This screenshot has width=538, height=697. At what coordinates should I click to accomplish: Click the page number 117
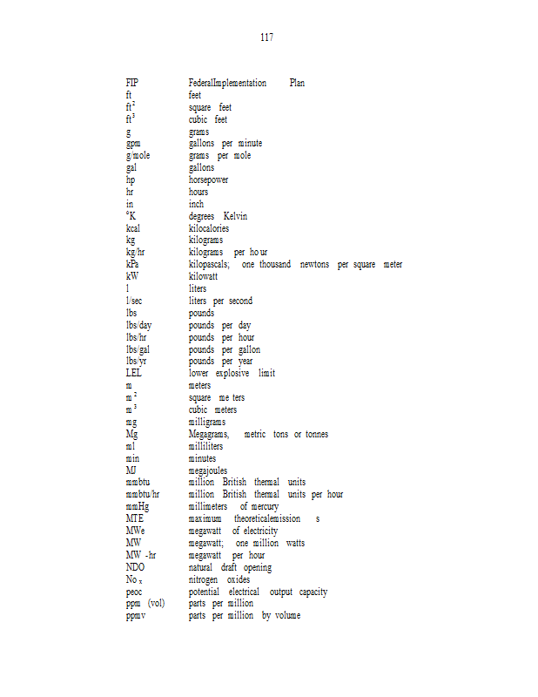266,37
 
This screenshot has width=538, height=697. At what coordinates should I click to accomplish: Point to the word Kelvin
235,216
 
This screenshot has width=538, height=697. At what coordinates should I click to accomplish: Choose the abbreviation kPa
132,264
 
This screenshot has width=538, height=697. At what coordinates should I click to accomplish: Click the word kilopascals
209,264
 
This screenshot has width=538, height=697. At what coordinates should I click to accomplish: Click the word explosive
232,373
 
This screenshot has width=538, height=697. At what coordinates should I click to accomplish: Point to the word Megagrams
209,434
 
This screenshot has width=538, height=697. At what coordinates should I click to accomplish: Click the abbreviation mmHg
138,506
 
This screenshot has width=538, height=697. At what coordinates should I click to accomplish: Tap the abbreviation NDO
135,567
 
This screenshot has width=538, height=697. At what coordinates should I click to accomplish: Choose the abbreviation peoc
134,592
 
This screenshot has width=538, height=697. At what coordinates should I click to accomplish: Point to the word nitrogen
205,579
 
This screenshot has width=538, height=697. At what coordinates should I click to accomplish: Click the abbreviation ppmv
136,616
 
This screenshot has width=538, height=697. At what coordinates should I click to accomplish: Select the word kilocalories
209,228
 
